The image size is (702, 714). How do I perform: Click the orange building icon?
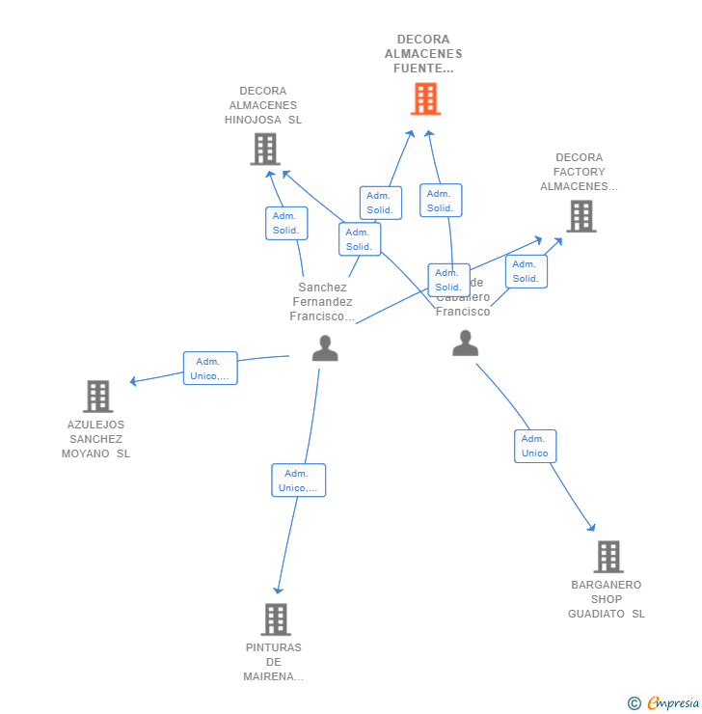tap(425, 98)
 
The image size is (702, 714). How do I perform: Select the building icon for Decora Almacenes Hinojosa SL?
tap(265, 150)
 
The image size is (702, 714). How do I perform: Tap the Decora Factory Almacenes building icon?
tap(580, 216)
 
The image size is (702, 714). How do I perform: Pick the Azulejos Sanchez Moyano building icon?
tap(97, 397)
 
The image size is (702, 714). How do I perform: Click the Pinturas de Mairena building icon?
tap(276, 619)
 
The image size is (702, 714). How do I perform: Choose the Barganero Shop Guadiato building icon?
tap(607, 557)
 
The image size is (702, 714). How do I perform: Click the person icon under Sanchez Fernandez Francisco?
tap(325, 348)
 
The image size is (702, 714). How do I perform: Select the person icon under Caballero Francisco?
tap(465, 343)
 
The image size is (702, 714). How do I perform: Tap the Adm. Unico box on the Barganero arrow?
tap(535, 446)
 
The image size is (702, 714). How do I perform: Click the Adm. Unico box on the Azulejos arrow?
tap(210, 369)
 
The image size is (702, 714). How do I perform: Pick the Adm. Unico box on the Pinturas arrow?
tap(299, 481)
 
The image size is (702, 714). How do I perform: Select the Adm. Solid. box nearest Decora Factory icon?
tap(526, 271)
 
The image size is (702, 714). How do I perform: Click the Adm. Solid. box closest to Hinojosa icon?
tap(286, 223)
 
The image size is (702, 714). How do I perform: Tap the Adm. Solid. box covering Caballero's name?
tap(448, 280)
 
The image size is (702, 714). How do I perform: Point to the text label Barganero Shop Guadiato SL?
tap(607, 599)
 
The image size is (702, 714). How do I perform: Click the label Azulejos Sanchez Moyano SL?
tap(96, 439)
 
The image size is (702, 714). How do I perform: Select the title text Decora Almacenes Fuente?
tap(423, 54)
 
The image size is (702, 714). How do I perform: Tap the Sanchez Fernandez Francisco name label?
tap(322, 302)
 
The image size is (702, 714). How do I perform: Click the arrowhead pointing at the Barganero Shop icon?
tap(591, 527)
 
